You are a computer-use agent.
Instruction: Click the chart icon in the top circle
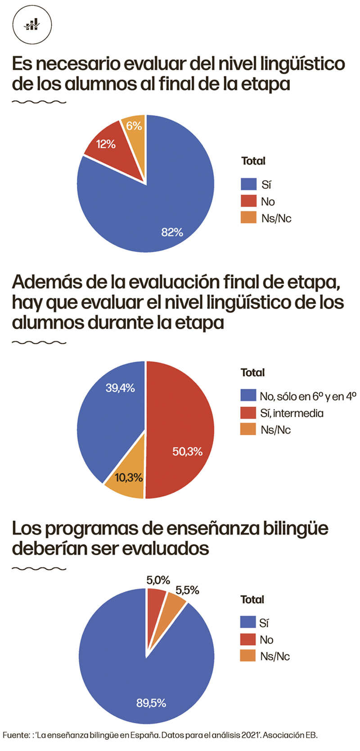(32, 24)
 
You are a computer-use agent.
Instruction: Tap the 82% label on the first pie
(172, 232)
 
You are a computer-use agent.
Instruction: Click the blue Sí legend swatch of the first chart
(248, 184)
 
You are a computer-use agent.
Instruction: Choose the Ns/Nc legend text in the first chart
(276, 219)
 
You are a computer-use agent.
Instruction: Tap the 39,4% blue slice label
(120, 388)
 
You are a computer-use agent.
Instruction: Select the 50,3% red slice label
(187, 451)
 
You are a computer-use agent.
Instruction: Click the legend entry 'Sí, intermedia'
(292, 413)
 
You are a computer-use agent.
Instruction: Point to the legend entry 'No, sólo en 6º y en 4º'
(308, 396)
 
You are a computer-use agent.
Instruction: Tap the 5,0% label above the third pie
(158, 580)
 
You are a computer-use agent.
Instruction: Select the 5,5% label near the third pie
(187, 590)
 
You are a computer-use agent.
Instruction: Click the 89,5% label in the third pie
(151, 703)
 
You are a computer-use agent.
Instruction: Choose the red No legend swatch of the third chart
(248, 639)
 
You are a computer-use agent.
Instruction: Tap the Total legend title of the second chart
(252, 373)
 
